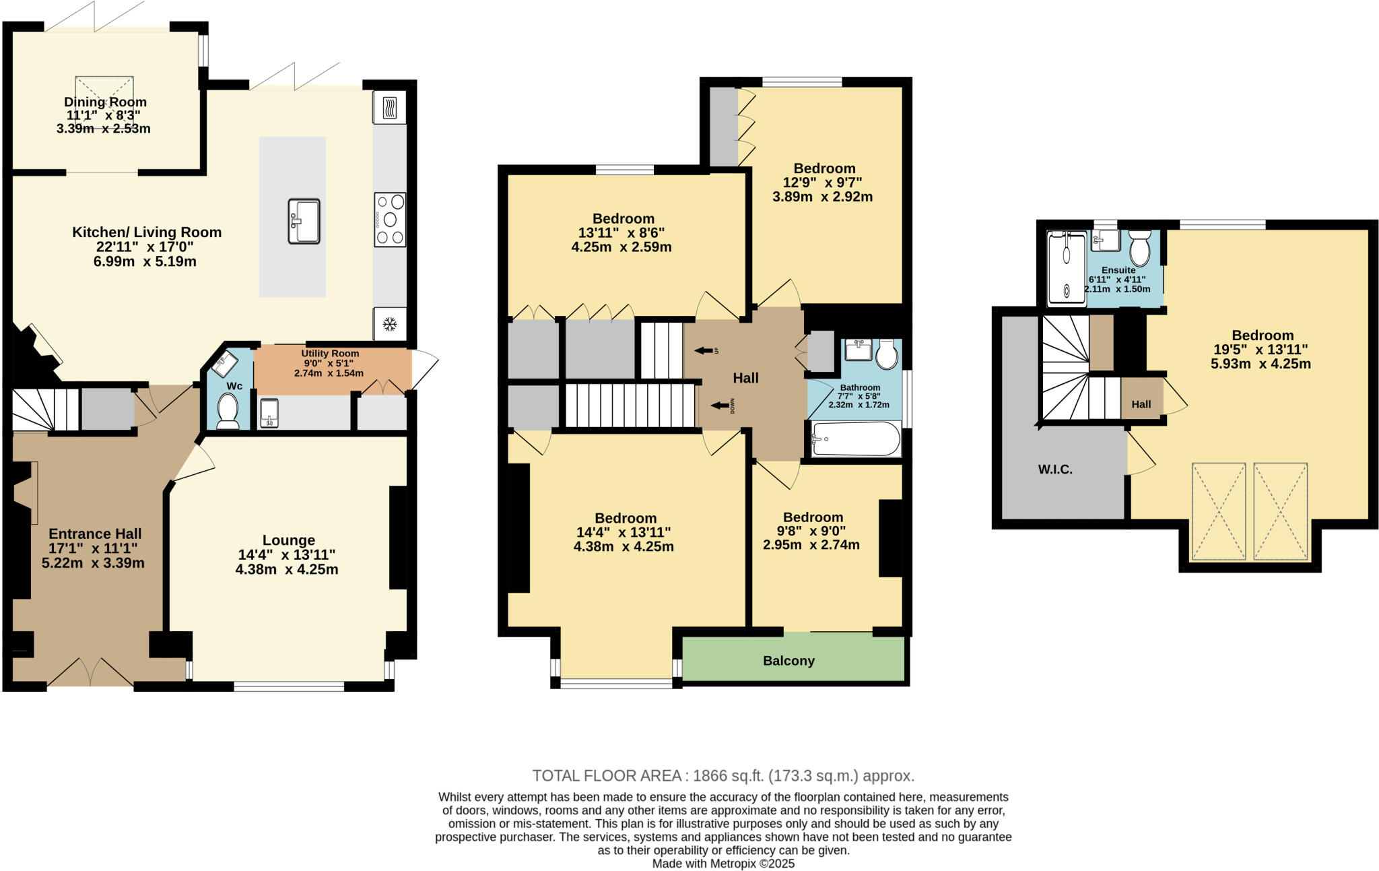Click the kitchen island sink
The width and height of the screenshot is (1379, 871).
304,221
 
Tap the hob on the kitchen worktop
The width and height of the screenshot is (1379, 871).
391,220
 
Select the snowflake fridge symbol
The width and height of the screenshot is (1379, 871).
389,325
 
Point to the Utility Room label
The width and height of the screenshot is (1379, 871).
330,354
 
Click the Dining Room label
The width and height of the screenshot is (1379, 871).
105,102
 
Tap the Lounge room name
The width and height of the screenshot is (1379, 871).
288,540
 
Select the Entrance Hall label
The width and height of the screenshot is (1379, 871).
95,534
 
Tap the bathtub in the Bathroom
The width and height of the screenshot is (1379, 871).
856,439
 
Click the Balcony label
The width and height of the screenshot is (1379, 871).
788,661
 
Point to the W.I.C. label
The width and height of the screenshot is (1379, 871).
1055,470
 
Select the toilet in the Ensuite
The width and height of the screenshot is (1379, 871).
1140,249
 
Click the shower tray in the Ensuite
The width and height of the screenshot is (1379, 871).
1067,267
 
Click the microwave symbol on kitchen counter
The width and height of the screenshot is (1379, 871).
389,108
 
